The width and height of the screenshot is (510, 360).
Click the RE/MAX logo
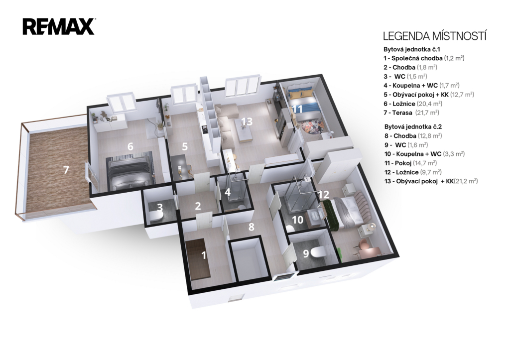click(59, 27)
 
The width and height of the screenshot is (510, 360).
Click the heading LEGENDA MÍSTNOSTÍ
click(434, 36)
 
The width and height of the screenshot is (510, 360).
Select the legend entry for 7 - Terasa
click(411, 113)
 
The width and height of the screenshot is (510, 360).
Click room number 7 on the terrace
click(66, 170)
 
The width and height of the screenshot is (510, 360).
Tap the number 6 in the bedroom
click(130, 147)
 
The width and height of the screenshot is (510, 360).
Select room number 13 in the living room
click(247, 121)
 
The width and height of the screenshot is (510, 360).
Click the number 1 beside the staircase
click(204, 255)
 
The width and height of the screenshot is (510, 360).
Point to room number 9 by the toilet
click(306, 253)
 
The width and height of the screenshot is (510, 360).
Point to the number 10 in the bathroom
click(298, 220)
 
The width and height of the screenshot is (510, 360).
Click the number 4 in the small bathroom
click(228, 192)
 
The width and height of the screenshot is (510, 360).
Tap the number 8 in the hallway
click(251, 227)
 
